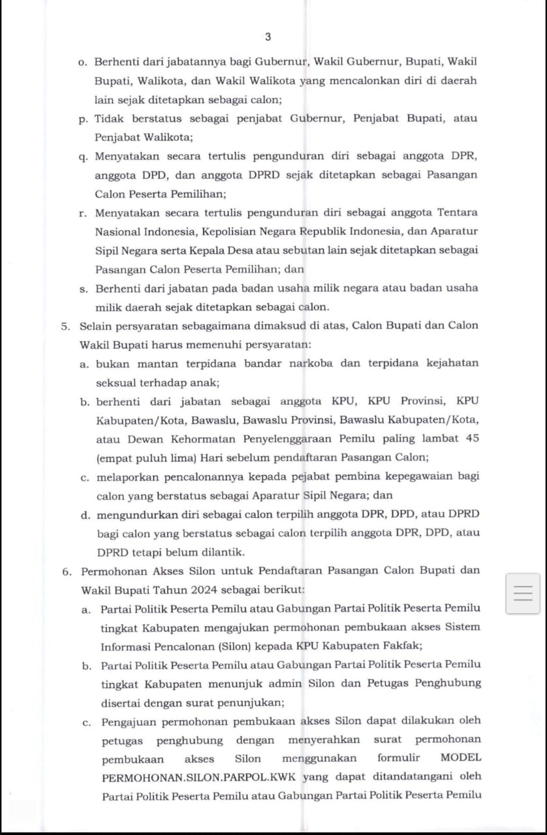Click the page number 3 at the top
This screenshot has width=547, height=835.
(x=268, y=37)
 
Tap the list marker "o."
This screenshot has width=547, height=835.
(x=82, y=63)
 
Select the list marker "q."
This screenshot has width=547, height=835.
(x=83, y=157)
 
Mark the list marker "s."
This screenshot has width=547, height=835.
(x=83, y=288)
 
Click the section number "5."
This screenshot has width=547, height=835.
(x=66, y=326)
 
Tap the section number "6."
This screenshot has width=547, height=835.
(x=67, y=571)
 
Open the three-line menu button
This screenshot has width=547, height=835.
(x=523, y=594)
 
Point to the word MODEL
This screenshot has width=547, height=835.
(x=461, y=758)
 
